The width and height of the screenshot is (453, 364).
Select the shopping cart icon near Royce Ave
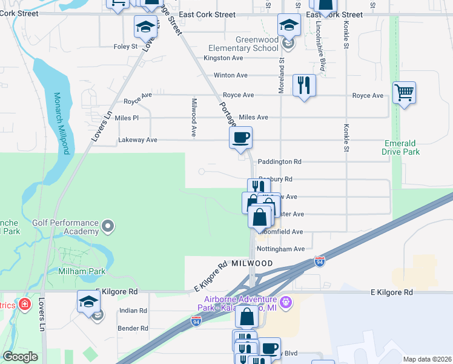404,94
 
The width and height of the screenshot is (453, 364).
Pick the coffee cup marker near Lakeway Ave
240,138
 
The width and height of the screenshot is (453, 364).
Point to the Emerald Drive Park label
401,147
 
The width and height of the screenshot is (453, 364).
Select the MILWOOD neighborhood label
252,263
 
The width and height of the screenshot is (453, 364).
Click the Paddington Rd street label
279,162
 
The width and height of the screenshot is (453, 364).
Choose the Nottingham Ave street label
280,249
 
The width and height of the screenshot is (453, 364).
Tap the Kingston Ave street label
223,58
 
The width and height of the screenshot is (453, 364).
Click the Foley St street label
125,46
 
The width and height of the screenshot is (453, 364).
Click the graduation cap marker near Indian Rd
89,302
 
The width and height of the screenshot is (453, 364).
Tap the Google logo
20,357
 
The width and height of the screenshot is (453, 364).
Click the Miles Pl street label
127,118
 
